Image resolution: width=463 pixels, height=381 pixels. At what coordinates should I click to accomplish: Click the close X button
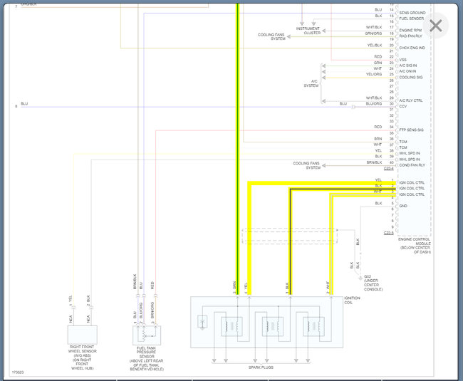click(x=435, y=26)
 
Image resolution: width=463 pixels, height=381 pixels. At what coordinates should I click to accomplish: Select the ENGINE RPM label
click(x=412, y=31)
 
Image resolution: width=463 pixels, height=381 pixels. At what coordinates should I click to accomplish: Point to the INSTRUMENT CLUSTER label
click(x=312, y=31)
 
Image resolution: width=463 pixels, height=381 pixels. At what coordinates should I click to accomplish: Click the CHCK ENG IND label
click(x=412, y=47)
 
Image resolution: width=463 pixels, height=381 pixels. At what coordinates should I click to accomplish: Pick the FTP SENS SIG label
click(x=411, y=130)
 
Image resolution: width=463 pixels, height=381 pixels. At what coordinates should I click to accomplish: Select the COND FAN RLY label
click(x=412, y=165)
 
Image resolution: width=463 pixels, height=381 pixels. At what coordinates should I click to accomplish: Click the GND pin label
click(x=403, y=206)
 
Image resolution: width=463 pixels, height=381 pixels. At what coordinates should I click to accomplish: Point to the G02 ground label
click(x=373, y=282)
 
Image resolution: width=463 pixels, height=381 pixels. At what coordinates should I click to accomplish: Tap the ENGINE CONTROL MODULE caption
click(x=415, y=245)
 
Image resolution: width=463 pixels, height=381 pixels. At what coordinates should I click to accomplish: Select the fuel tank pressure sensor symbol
click(x=148, y=334)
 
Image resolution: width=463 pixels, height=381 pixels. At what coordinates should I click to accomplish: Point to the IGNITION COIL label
click(x=352, y=301)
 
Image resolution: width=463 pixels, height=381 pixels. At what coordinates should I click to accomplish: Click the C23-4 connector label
click(x=388, y=169)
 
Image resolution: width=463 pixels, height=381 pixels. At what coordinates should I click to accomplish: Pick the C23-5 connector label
click(x=388, y=233)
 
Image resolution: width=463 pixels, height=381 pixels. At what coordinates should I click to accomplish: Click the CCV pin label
click(x=402, y=106)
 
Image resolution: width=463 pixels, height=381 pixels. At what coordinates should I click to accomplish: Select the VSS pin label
click(x=402, y=59)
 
